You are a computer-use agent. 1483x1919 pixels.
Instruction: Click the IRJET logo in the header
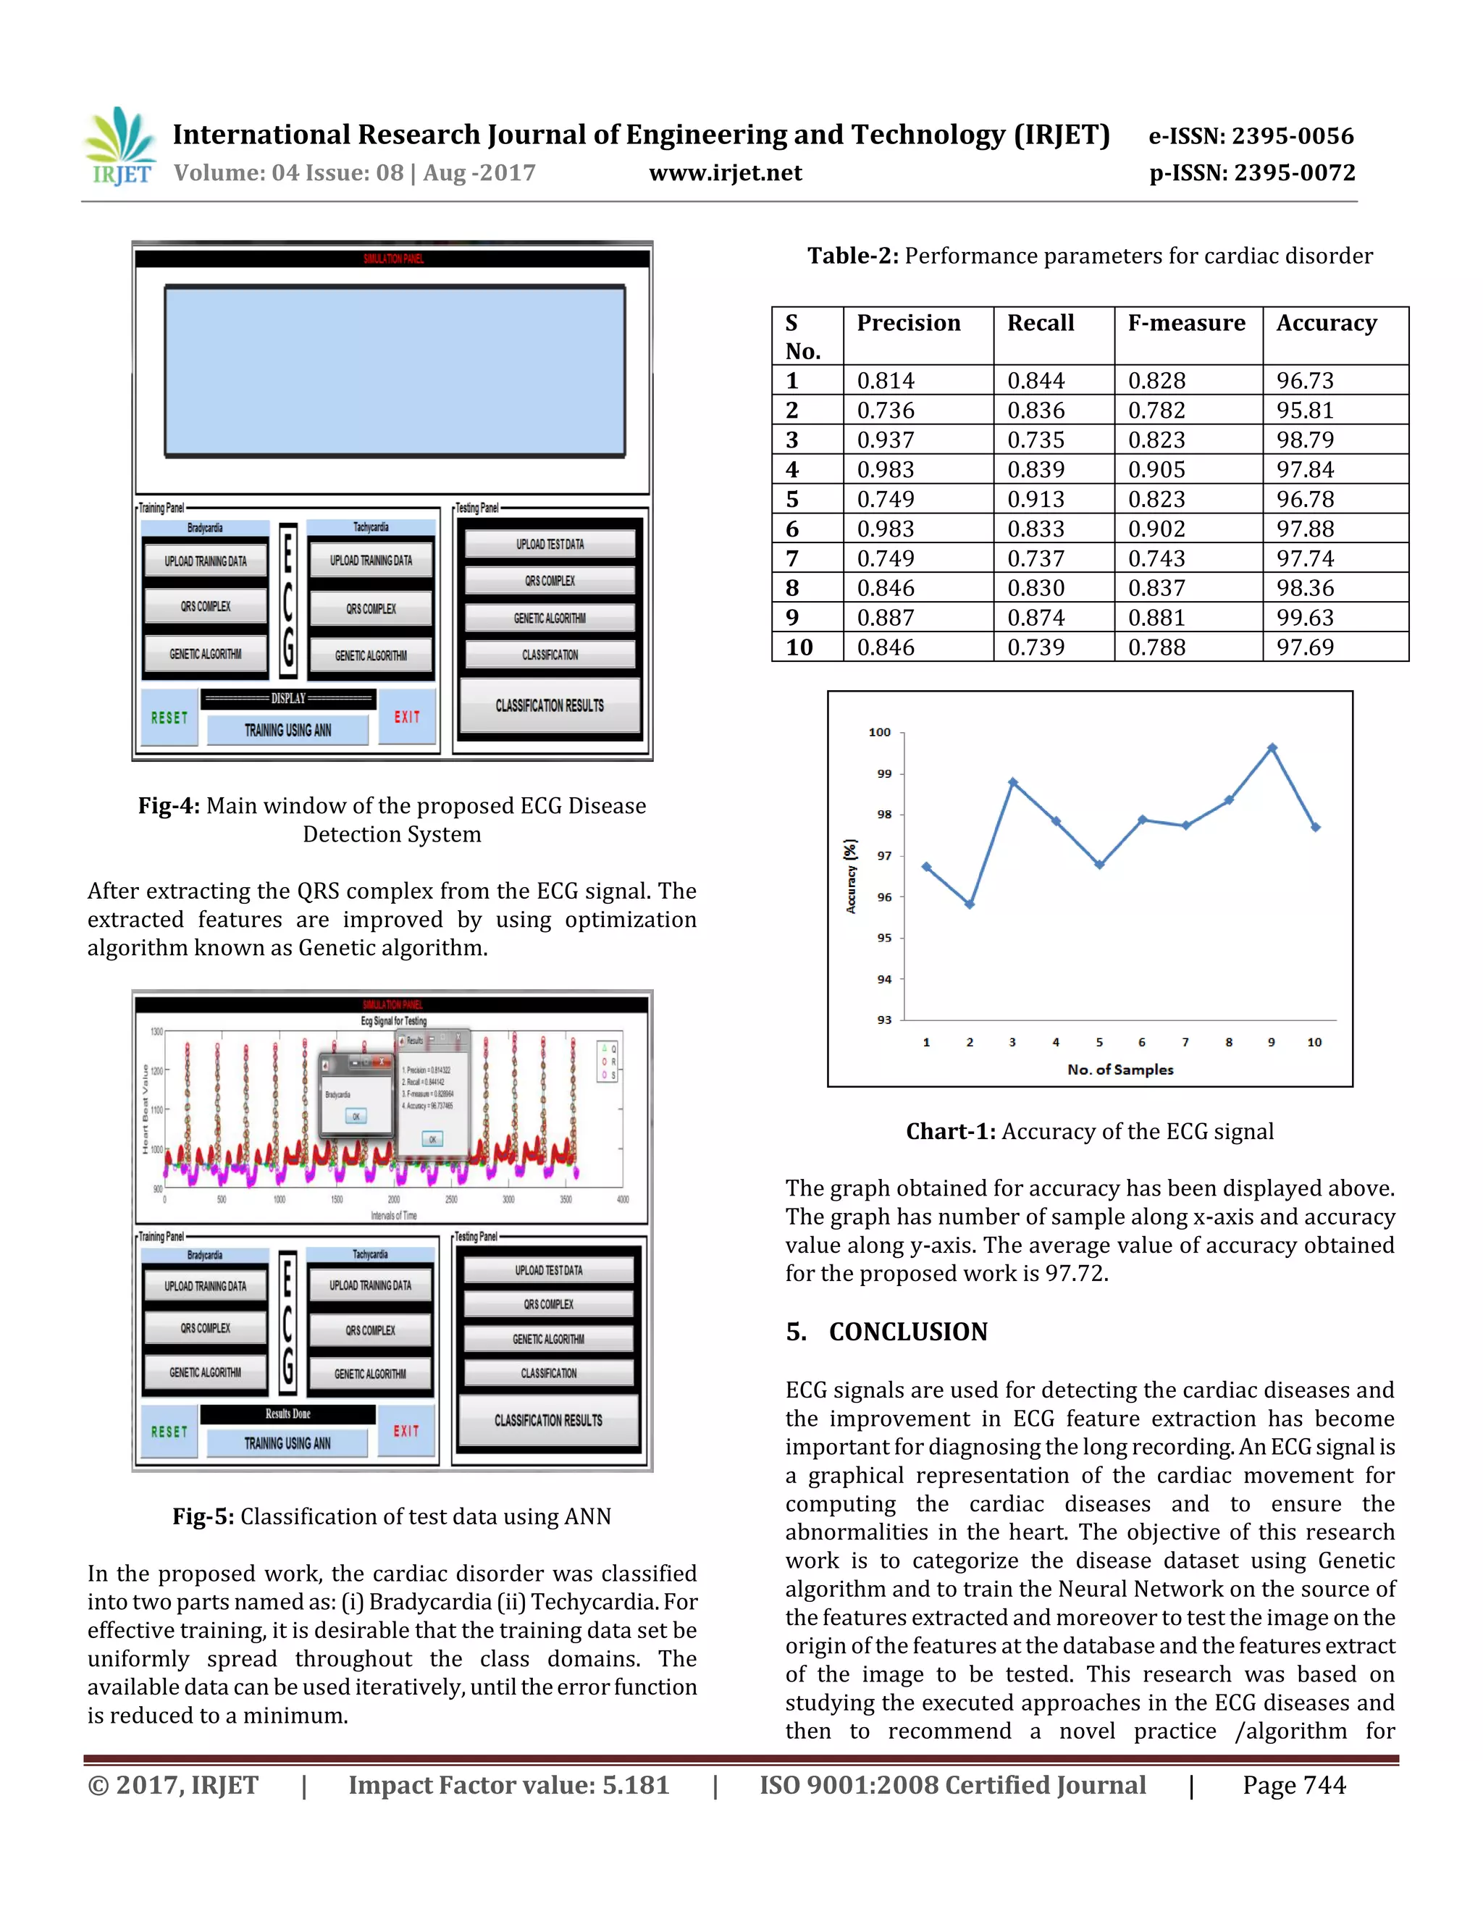tap(121, 147)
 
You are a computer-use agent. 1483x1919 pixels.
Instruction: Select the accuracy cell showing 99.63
tap(1305, 618)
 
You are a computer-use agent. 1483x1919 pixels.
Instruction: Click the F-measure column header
tap(1186, 324)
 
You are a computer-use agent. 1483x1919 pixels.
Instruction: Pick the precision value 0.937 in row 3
tap(886, 440)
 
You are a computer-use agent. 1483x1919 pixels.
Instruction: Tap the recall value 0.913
tap(1035, 499)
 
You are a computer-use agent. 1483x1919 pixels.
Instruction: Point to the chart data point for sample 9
tap(1272, 748)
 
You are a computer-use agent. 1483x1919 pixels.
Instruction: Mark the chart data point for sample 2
tap(970, 904)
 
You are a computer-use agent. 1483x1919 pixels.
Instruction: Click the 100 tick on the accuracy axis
tap(879, 732)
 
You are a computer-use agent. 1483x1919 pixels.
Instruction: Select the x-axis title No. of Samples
tap(1120, 1070)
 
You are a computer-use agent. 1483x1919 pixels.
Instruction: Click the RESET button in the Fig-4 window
tap(169, 718)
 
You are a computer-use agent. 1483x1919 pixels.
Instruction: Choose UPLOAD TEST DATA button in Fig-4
tap(550, 544)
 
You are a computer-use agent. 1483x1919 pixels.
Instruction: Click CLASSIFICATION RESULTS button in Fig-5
tap(548, 1421)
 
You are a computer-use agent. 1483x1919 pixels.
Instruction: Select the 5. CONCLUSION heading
tap(886, 1332)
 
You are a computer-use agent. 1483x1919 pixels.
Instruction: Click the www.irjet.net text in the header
tap(725, 173)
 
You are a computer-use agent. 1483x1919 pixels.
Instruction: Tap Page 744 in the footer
tap(1293, 1786)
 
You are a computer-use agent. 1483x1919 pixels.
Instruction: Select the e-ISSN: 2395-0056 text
tap(1251, 136)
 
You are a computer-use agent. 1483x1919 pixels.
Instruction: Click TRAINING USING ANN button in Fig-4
tap(287, 730)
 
